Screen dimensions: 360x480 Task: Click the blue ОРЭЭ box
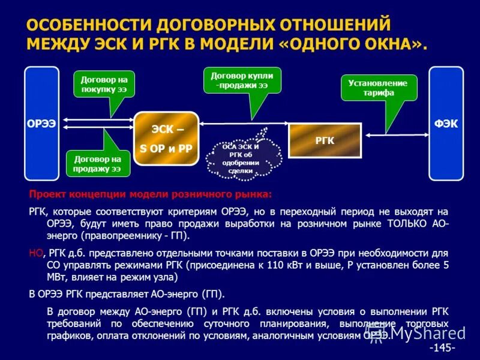(x=41, y=124)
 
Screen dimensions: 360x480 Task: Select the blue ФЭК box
(x=446, y=124)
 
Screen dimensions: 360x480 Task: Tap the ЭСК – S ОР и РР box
(x=166, y=139)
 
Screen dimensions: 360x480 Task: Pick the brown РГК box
(x=325, y=140)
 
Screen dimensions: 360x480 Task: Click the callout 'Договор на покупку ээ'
(x=104, y=85)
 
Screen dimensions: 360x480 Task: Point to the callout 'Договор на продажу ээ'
(x=97, y=163)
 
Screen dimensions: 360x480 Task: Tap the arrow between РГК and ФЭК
(x=395, y=133)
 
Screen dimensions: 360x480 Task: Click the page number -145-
(x=442, y=348)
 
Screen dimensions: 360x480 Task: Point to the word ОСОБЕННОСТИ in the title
(x=89, y=25)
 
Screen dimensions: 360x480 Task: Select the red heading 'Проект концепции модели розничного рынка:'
(x=151, y=194)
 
